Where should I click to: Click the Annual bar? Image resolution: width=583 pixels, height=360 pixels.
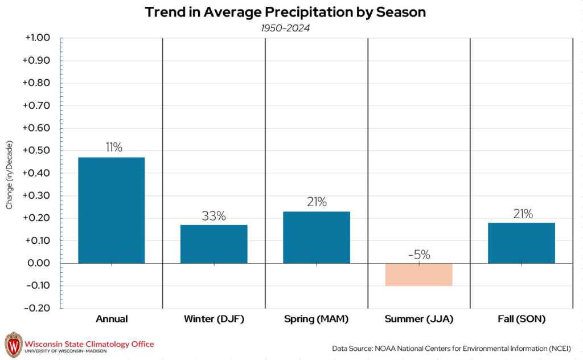(x=111, y=210)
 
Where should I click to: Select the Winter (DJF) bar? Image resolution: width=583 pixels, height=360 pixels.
(x=214, y=244)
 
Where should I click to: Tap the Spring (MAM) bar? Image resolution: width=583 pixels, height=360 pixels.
(x=317, y=237)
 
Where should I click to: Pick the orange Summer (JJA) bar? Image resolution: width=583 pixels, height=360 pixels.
(x=418, y=274)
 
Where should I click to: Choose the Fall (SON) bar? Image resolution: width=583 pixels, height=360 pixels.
(x=521, y=243)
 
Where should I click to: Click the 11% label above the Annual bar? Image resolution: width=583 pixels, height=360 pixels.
(x=113, y=147)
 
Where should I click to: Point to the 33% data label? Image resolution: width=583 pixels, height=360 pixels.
(x=214, y=216)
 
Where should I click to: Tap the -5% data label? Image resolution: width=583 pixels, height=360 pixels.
(x=419, y=255)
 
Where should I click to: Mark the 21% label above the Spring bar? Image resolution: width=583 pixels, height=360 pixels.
(x=317, y=202)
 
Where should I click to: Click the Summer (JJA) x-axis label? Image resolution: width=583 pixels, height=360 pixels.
(x=418, y=319)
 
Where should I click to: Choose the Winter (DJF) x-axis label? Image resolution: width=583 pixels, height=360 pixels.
(x=214, y=319)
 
